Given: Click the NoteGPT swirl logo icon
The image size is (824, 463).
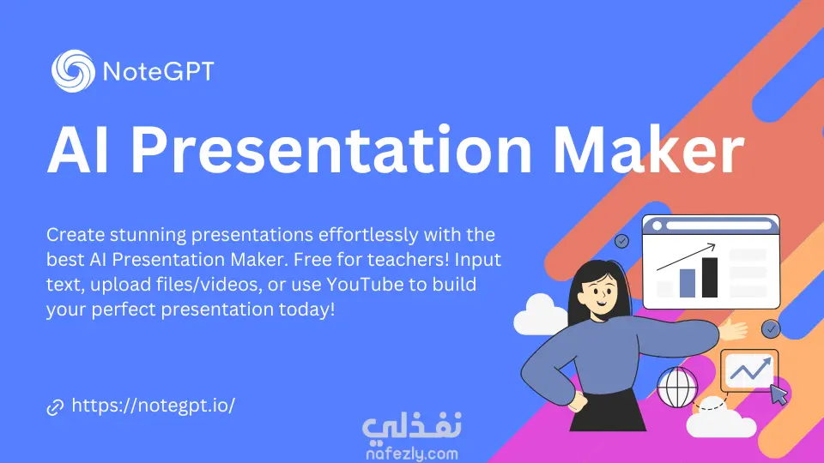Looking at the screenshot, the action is [73, 71].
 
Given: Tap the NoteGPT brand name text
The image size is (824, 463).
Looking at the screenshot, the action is [159, 71].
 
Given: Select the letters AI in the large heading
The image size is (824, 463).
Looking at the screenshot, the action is [78, 151].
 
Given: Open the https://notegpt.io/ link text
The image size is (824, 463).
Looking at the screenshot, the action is [154, 406].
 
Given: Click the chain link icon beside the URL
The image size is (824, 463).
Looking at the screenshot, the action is [55, 406].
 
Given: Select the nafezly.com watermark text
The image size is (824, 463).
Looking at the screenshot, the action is [412, 453].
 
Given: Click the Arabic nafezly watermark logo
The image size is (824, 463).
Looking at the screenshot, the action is [412, 425].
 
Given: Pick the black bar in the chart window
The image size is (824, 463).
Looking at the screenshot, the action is [710, 278].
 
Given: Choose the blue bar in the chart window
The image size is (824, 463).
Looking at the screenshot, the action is [688, 283].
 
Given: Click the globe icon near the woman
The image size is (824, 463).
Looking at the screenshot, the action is [677, 388].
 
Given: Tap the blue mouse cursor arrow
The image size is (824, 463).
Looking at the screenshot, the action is [779, 394].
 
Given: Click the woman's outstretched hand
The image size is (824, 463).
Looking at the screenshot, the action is [733, 330].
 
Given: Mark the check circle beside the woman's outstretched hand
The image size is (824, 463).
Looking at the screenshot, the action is [771, 328].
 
